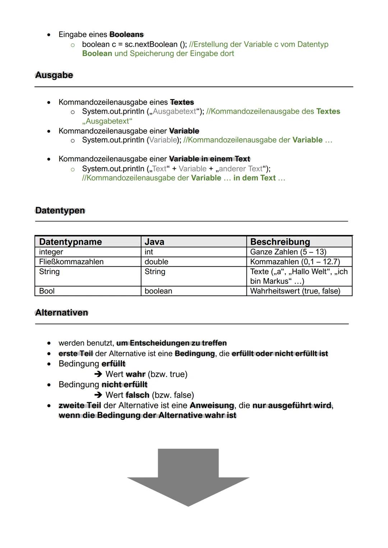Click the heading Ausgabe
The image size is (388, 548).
point(54,75)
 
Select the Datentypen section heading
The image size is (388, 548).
point(60,211)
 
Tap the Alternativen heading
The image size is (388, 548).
point(61,313)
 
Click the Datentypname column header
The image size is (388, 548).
point(70,242)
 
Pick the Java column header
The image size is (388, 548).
point(154,242)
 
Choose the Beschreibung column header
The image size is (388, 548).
point(280,242)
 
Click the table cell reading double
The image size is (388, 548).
point(156,262)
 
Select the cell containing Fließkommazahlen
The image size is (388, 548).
point(71,262)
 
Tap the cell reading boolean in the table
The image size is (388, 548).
point(158,291)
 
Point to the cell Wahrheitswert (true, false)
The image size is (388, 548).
point(295,291)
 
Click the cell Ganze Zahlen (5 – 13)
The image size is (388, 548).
point(288,252)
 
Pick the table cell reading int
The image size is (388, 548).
point(149,252)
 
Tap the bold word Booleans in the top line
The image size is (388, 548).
point(126,35)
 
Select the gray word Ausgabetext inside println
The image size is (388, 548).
point(175,112)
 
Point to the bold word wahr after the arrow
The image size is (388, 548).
point(135,374)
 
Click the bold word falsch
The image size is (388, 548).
point(137,395)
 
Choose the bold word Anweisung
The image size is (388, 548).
point(212,406)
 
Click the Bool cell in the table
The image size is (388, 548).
point(47,291)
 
